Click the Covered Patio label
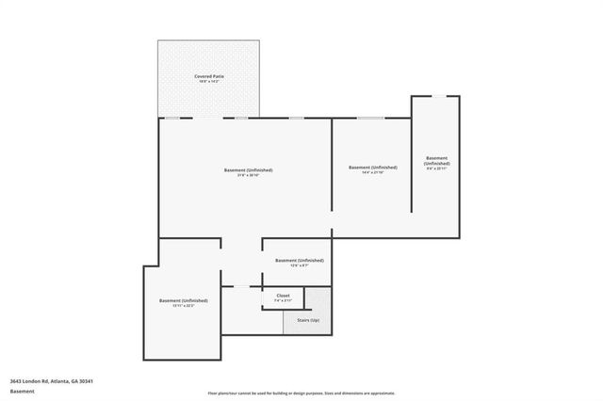pyautogui.click(x=209, y=75)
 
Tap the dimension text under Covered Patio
pyautogui.click(x=209, y=82)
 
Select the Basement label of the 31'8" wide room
pyautogui.click(x=248, y=169)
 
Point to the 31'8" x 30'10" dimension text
pyautogui.click(x=248, y=176)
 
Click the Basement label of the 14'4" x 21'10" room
pyautogui.click(x=372, y=168)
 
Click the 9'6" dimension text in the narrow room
pyautogui.click(x=436, y=169)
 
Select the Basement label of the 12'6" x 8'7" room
pyautogui.click(x=299, y=260)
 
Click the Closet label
pyautogui.click(x=283, y=296)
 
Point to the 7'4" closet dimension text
pyautogui.click(x=283, y=301)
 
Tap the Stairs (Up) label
pyautogui.click(x=308, y=321)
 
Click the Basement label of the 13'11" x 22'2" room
pyautogui.click(x=184, y=300)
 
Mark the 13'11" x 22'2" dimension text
pyautogui.click(x=184, y=306)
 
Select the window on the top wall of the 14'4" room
pyautogui.click(x=370, y=118)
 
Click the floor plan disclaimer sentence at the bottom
pyautogui.click(x=301, y=393)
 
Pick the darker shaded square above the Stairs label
pyautogui.click(x=318, y=300)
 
